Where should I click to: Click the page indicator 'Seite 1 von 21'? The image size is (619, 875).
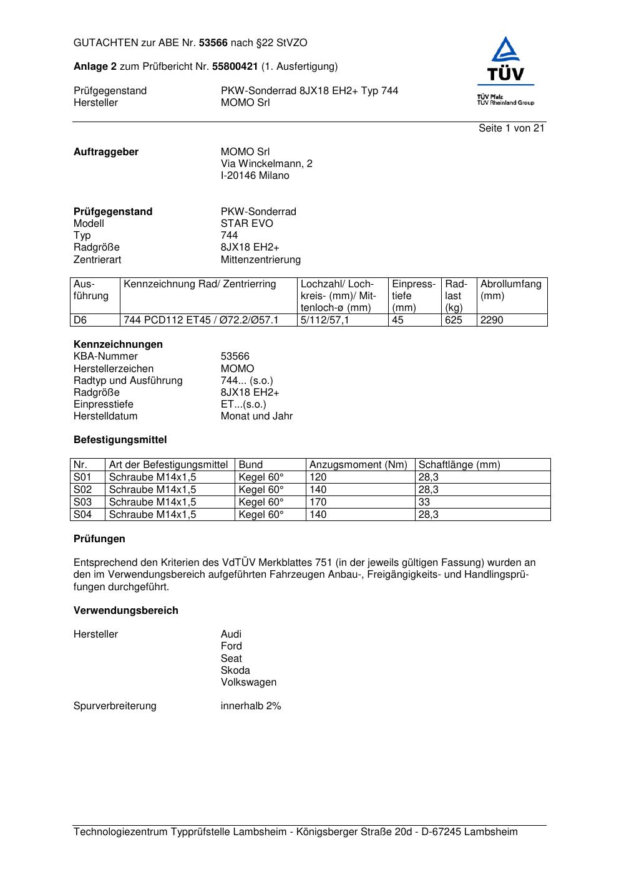pos(511,128)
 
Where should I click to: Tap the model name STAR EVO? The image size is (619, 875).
pos(246,224)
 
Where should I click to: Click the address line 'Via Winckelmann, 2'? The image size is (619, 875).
pos(266,164)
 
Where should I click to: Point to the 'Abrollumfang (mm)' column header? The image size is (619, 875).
pos(510,290)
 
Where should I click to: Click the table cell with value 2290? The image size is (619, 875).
pos(491,320)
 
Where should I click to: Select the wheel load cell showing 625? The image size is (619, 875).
pos(454,320)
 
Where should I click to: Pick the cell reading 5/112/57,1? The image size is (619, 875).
pos(325,320)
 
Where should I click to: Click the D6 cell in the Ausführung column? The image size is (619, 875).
pos(80,320)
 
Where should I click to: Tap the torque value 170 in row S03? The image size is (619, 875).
pos(318,502)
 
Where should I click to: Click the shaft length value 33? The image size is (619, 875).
pos(424,502)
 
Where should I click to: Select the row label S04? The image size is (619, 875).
pos(82,515)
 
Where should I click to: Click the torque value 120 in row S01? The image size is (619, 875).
pos(318,477)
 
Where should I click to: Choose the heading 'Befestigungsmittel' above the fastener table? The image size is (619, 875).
pos(120,440)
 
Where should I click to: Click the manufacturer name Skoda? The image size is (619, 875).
pos(235,671)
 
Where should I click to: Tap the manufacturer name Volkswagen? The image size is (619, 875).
pos(248,682)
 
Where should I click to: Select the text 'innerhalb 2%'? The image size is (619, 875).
pos(251,706)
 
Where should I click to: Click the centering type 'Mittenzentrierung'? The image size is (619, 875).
pos(260,260)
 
